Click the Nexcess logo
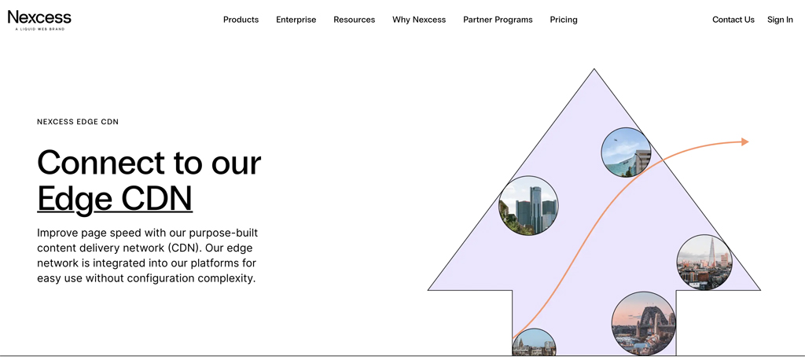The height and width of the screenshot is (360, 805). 39,20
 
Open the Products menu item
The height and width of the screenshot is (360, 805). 241,20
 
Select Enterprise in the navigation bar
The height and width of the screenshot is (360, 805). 296,20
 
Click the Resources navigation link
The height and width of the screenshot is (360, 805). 355,20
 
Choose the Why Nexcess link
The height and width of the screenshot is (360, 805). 419,20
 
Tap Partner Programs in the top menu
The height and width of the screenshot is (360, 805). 498,20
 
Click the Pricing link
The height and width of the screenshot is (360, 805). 563,20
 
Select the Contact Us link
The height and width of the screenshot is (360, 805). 733,20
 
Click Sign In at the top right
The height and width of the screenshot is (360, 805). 780,20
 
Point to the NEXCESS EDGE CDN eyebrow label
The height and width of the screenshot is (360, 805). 78,122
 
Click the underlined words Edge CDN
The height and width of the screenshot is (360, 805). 115,198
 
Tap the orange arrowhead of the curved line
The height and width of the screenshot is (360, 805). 745,141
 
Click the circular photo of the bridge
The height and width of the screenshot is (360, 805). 643,324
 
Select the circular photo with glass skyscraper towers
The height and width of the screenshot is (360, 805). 528,205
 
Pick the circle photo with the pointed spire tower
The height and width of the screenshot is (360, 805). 704,262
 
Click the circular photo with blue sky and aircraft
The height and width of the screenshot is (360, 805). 626,152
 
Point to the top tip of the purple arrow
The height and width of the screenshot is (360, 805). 594,69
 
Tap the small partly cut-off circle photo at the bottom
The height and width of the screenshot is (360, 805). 534,343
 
